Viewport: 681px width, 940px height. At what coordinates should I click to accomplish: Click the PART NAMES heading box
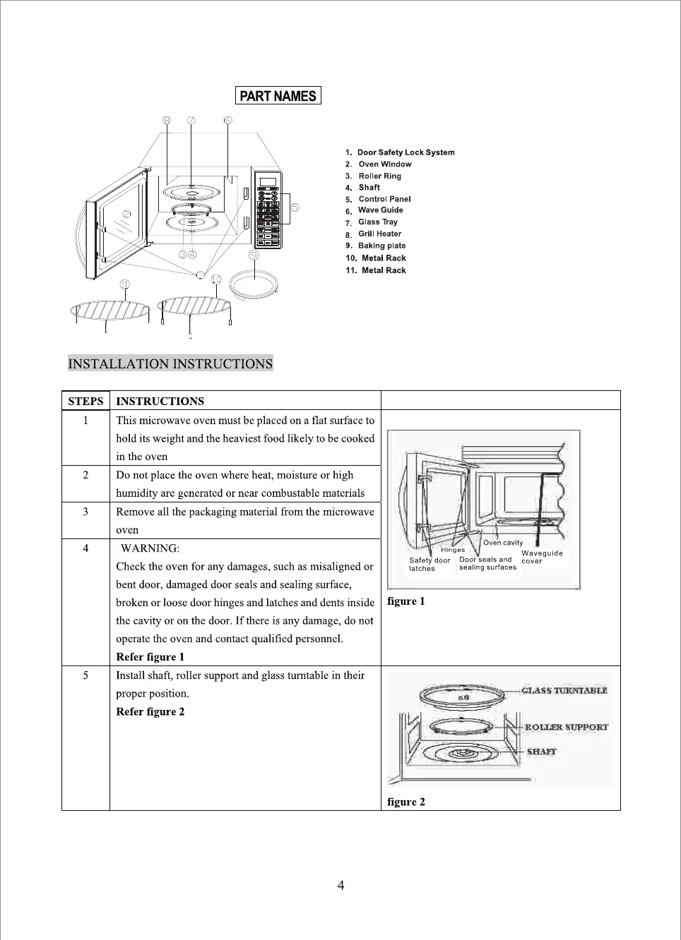[278, 96]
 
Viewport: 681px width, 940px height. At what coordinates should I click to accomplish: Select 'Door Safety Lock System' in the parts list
[405, 152]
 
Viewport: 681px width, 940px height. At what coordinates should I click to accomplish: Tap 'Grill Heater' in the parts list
[379, 234]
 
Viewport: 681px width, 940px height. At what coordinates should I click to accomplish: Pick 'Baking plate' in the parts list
[381, 246]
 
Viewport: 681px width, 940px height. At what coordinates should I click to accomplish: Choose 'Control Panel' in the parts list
[384, 199]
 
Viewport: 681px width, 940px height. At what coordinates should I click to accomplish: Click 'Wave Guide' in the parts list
[381, 210]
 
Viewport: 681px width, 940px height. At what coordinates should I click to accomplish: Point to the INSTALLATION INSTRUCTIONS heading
[170, 363]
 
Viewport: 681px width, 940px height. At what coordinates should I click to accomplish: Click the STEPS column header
[85, 401]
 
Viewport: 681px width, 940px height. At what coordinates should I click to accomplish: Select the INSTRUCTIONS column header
[160, 401]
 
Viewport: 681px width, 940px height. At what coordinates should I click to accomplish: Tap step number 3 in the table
[85, 512]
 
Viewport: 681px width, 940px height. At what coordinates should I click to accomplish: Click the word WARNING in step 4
[150, 548]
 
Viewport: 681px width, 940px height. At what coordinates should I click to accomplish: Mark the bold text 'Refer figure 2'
[150, 711]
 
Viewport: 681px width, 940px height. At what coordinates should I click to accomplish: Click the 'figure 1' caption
[406, 601]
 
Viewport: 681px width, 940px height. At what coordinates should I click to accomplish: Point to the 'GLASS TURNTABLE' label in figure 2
[564, 691]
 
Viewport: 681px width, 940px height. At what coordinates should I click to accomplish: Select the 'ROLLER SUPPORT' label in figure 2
[566, 727]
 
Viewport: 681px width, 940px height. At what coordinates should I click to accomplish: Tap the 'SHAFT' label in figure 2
[541, 752]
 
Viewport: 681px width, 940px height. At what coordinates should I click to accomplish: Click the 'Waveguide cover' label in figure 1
[542, 557]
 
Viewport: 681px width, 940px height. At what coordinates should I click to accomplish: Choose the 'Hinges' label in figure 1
[453, 550]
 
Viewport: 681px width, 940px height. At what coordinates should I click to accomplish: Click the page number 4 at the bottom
[340, 886]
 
